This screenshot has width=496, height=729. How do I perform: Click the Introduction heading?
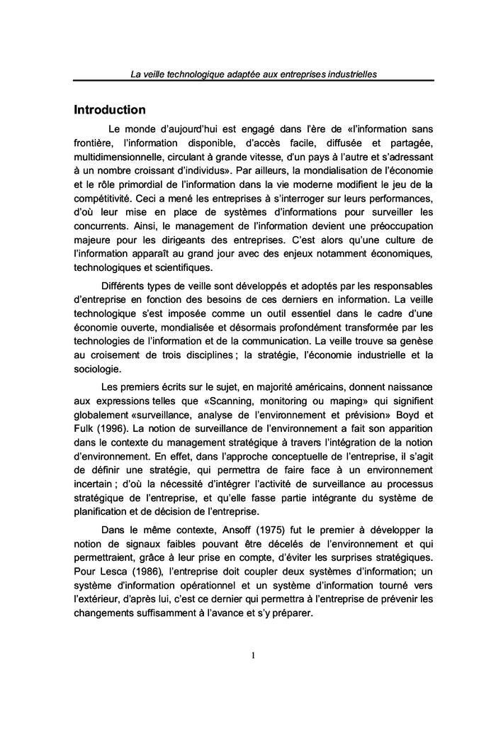pos(110,110)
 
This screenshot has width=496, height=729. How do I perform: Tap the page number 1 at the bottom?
pos(253,655)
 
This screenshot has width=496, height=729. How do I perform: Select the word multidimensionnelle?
pos(117,155)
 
